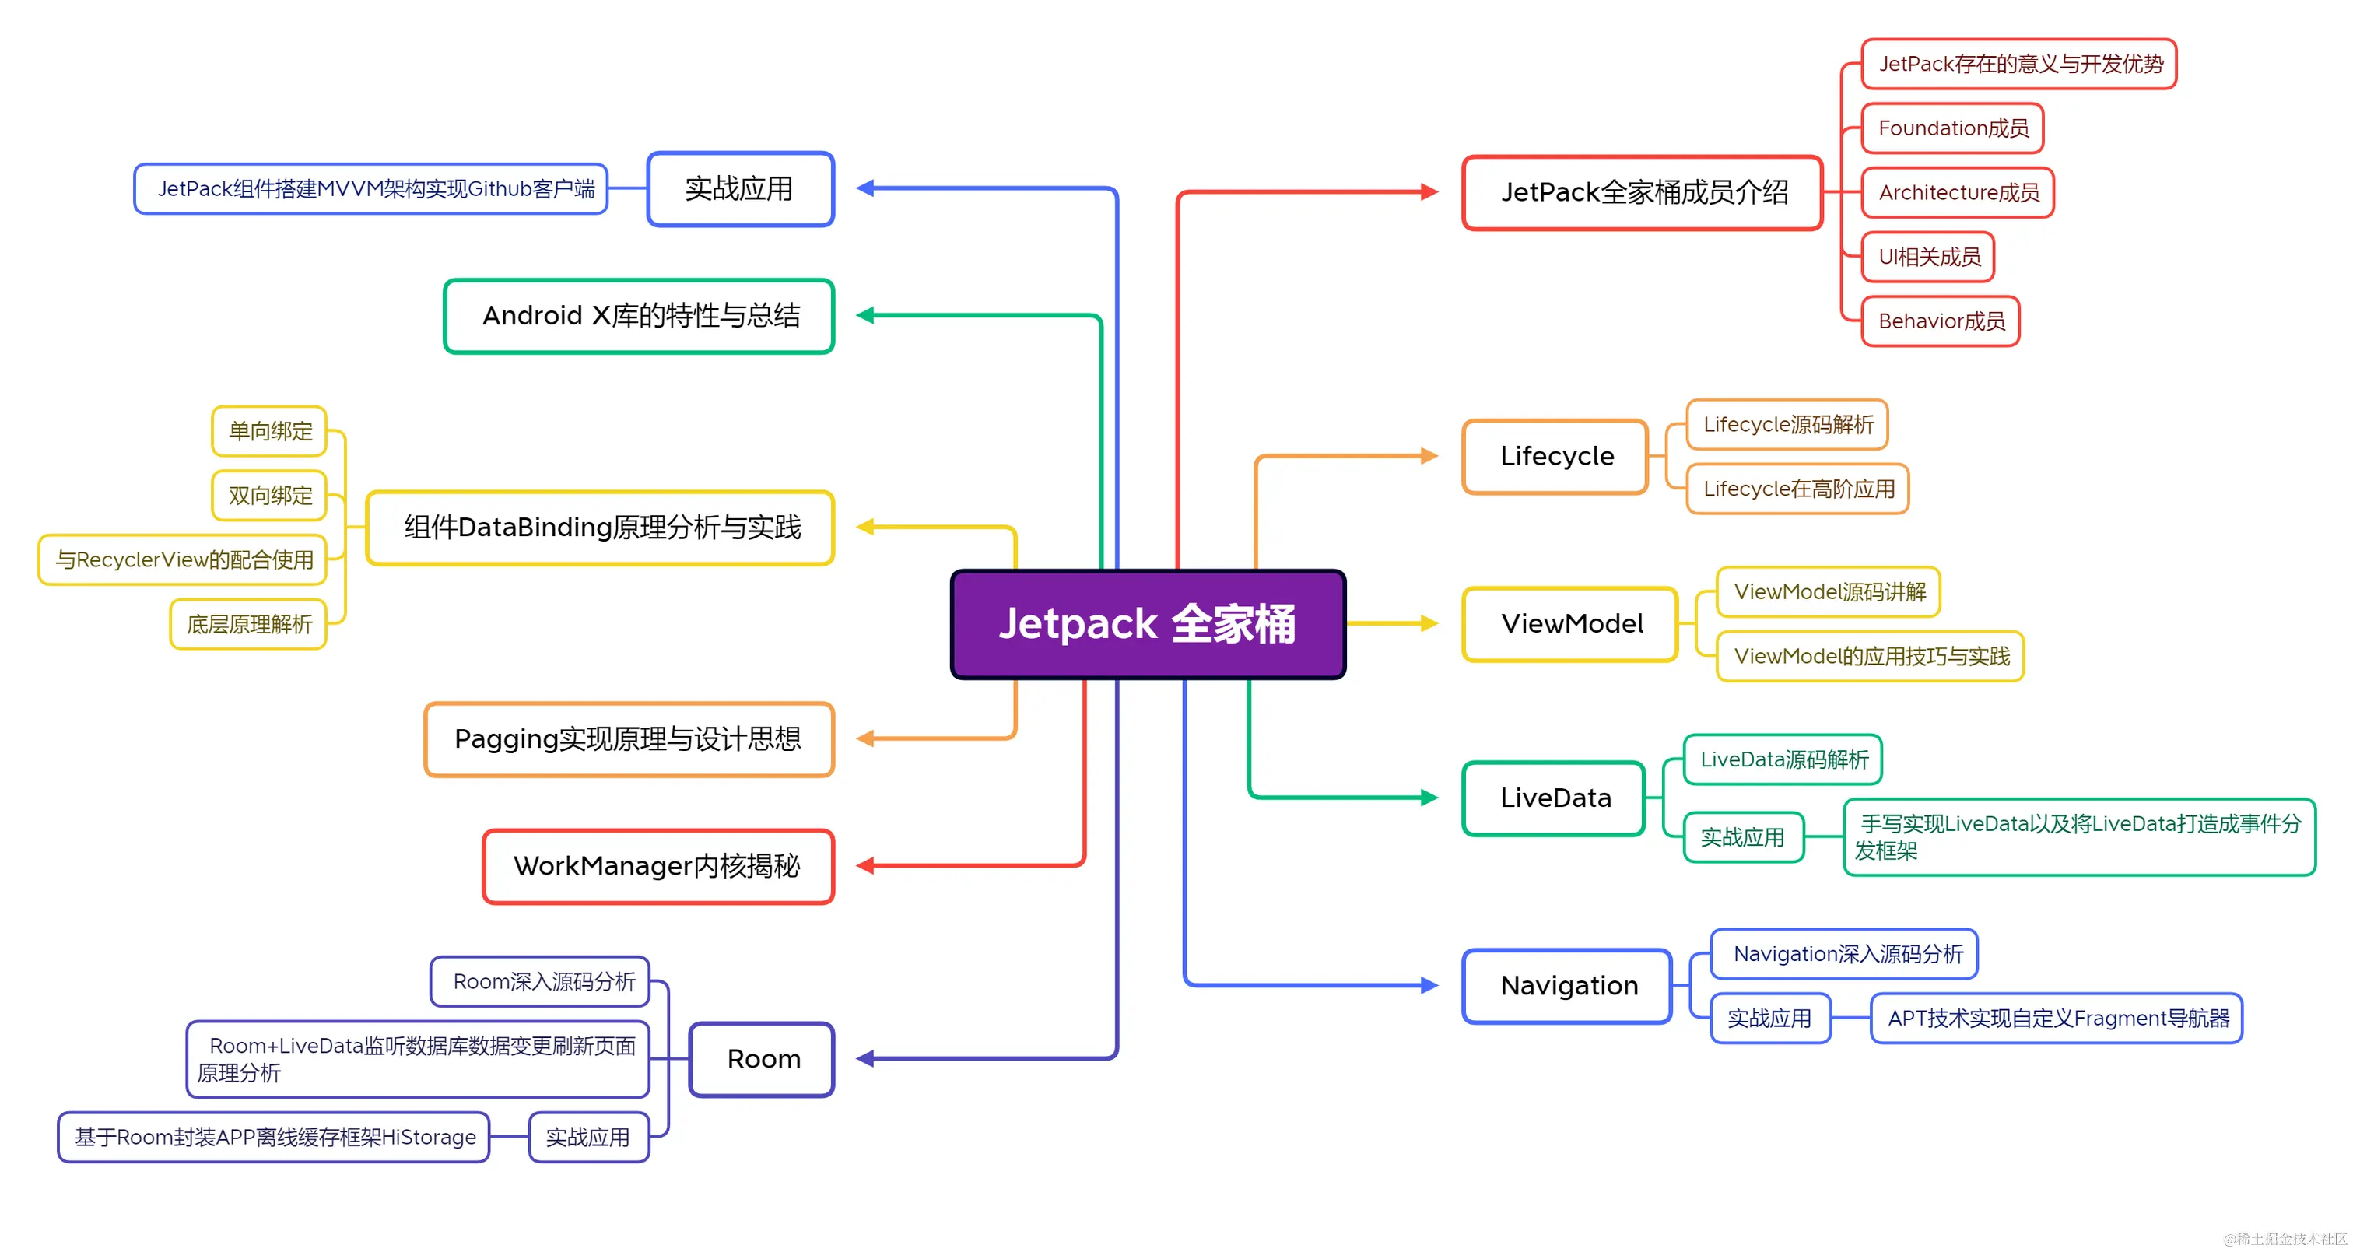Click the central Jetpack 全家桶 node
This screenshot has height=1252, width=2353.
click(1147, 625)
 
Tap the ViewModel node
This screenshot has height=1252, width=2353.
click(1570, 624)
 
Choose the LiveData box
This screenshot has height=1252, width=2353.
click(1554, 798)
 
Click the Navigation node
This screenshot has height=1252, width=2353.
click(1567, 986)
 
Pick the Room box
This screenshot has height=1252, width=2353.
click(762, 1059)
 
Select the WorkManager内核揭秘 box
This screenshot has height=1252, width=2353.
click(658, 867)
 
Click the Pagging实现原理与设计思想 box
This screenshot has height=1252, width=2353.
click(629, 738)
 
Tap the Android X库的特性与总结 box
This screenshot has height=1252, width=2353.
click(640, 316)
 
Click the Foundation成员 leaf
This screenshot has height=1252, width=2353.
click(1952, 128)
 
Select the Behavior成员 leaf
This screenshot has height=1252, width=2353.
click(1940, 321)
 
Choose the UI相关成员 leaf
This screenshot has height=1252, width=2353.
click(1927, 258)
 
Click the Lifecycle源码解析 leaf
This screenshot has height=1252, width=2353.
click(1787, 425)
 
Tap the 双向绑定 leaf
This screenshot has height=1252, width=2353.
click(269, 496)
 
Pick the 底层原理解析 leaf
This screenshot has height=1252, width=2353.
click(248, 625)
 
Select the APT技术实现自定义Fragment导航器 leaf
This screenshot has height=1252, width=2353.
click(2057, 1019)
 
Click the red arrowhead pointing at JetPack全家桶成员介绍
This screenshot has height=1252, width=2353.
click(1429, 191)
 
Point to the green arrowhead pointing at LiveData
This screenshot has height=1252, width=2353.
click(1429, 798)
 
